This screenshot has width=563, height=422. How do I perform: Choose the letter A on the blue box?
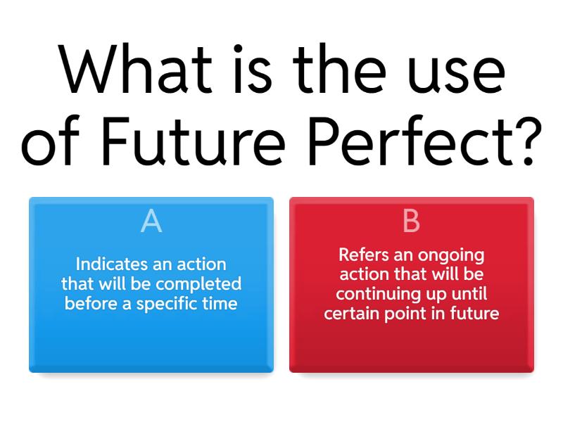point(151,222)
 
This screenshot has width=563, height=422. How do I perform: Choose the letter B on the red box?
point(411,222)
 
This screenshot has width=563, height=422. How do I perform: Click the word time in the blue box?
point(221,304)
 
